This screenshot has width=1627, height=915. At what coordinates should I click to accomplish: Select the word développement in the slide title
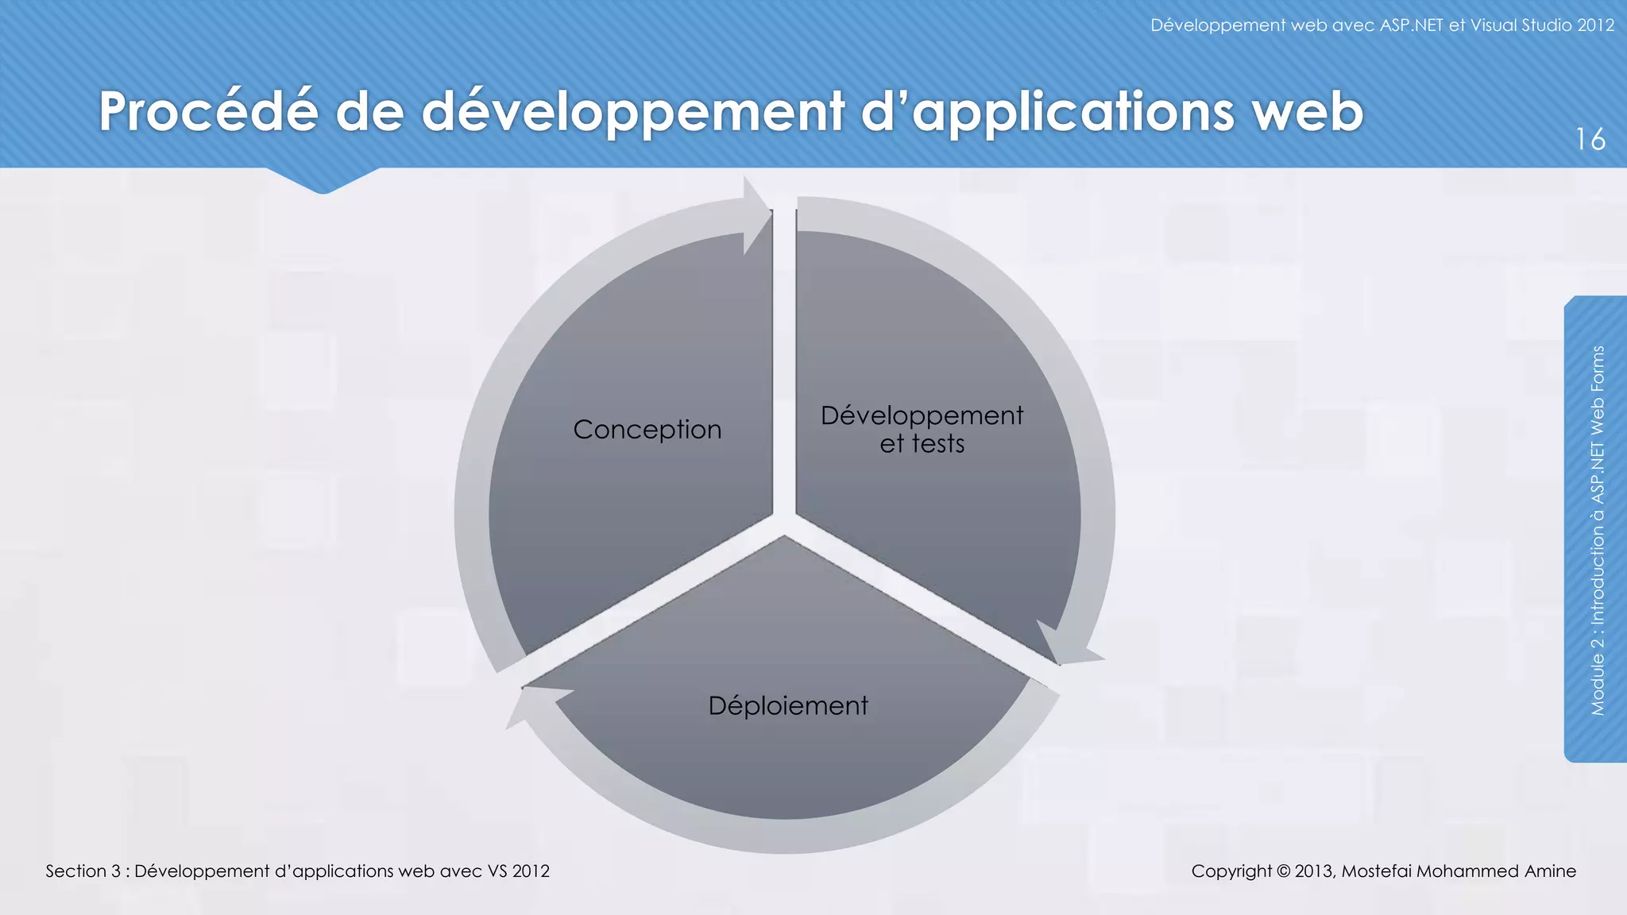point(632,113)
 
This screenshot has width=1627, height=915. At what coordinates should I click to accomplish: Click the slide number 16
point(1590,140)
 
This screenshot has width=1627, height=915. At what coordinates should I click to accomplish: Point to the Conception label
point(647,430)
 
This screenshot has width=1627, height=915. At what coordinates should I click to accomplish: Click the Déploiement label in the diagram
point(788,705)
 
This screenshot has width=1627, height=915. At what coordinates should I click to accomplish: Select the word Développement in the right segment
point(922,415)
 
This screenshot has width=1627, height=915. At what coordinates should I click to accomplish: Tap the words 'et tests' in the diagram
point(922,443)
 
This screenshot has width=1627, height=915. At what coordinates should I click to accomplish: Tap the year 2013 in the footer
point(1314,871)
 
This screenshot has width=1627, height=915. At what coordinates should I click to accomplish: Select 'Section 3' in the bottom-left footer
point(83,871)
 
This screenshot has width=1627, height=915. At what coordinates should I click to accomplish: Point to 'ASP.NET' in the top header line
point(1411,25)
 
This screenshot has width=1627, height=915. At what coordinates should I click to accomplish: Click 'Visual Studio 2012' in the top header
point(1542,25)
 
